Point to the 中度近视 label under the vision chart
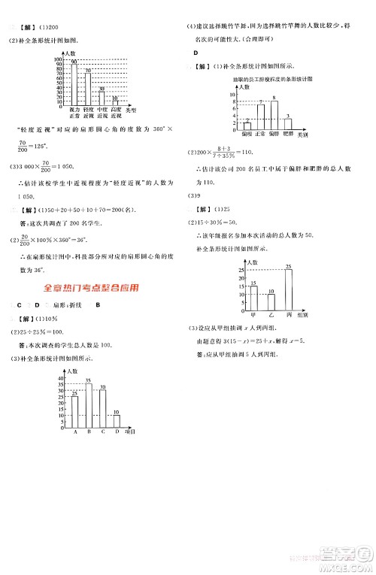pyautogui.click(x=102, y=113)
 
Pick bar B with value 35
pyautogui.click(x=88, y=405)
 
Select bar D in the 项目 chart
pyautogui.click(x=116, y=420)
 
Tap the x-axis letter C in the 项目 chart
pyautogui.click(x=102, y=432)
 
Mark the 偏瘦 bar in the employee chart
pyautogui.click(x=247, y=126)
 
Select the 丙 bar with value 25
pyautogui.click(x=289, y=290)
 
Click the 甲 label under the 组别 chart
pyautogui.click(x=253, y=316)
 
